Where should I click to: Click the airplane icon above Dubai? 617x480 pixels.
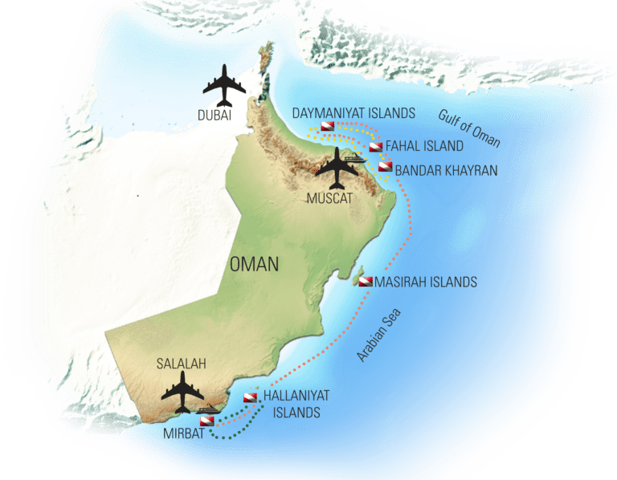pos(225,86)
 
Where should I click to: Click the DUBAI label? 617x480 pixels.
pos(215,116)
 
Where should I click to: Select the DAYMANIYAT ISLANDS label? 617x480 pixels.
pos(353,113)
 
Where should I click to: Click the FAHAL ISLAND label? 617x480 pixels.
pos(424,147)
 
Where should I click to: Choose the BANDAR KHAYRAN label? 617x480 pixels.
pos(446,171)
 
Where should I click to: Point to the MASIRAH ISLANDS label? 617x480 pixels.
pos(426,282)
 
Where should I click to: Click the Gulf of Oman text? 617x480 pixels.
pos(469,128)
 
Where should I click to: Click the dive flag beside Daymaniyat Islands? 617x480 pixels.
pos(327,127)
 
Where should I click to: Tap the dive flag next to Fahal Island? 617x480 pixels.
pos(375,147)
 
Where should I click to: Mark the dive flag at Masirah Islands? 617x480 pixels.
pos(366,282)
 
